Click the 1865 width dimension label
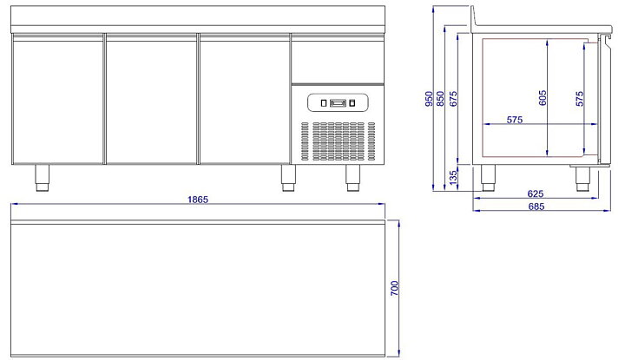(x=198, y=200)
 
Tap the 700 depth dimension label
(x=394, y=288)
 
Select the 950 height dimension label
(x=429, y=99)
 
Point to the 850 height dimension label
(x=440, y=99)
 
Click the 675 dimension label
(x=453, y=99)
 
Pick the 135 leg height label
(x=453, y=178)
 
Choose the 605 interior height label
(x=543, y=98)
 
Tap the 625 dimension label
(x=536, y=193)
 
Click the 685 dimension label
(x=536, y=206)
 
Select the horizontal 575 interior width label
(x=515, y=120)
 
